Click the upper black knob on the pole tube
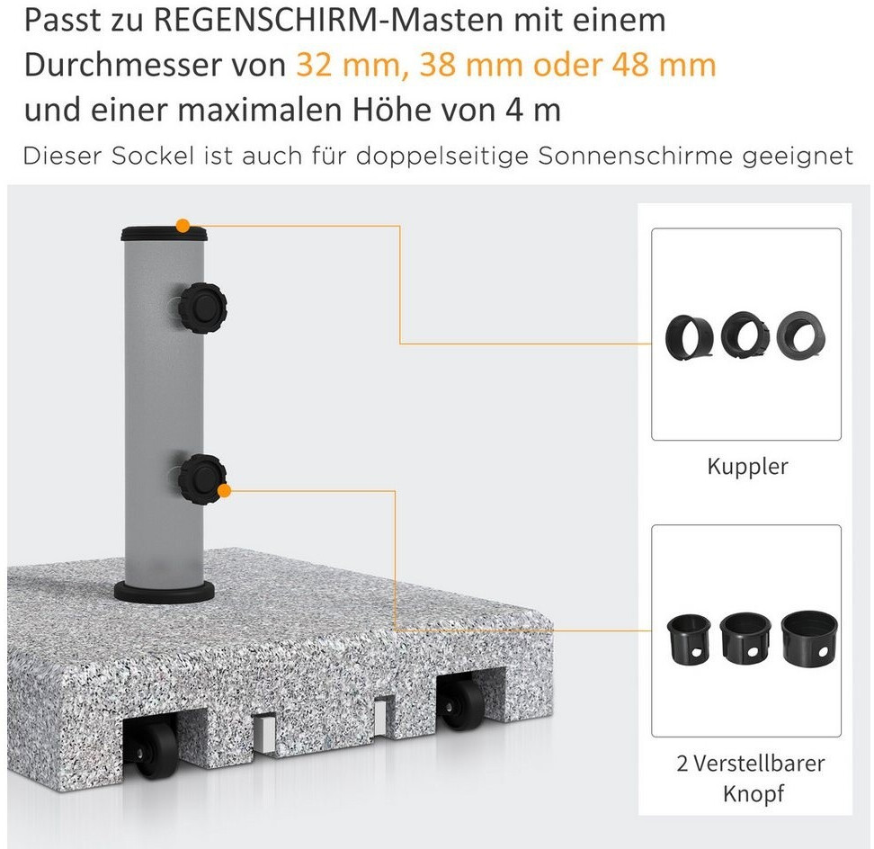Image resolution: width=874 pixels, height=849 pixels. point(202,308)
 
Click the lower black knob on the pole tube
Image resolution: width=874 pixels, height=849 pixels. point(201,479)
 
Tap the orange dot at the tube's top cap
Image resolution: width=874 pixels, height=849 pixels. point(183,226)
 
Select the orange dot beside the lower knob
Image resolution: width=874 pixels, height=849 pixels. point(224,491)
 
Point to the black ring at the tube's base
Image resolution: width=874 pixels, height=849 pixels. point(164,592)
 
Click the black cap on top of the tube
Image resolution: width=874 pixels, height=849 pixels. point(164,233)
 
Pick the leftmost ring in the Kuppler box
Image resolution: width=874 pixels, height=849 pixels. point(690,338)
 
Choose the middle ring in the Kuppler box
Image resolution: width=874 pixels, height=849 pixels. point(745,335)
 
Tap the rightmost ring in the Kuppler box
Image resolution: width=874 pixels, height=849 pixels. point(801,335)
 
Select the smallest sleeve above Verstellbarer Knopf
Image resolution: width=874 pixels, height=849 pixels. point(689,640)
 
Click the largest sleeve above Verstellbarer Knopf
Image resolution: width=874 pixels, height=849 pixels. point(808,639)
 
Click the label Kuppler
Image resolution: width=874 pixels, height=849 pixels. point(747,467)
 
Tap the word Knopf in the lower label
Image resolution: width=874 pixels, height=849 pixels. point(753,793)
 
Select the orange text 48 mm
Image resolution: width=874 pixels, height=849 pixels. point(664,65)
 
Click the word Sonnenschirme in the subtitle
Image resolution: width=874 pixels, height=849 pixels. point(635,156)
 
